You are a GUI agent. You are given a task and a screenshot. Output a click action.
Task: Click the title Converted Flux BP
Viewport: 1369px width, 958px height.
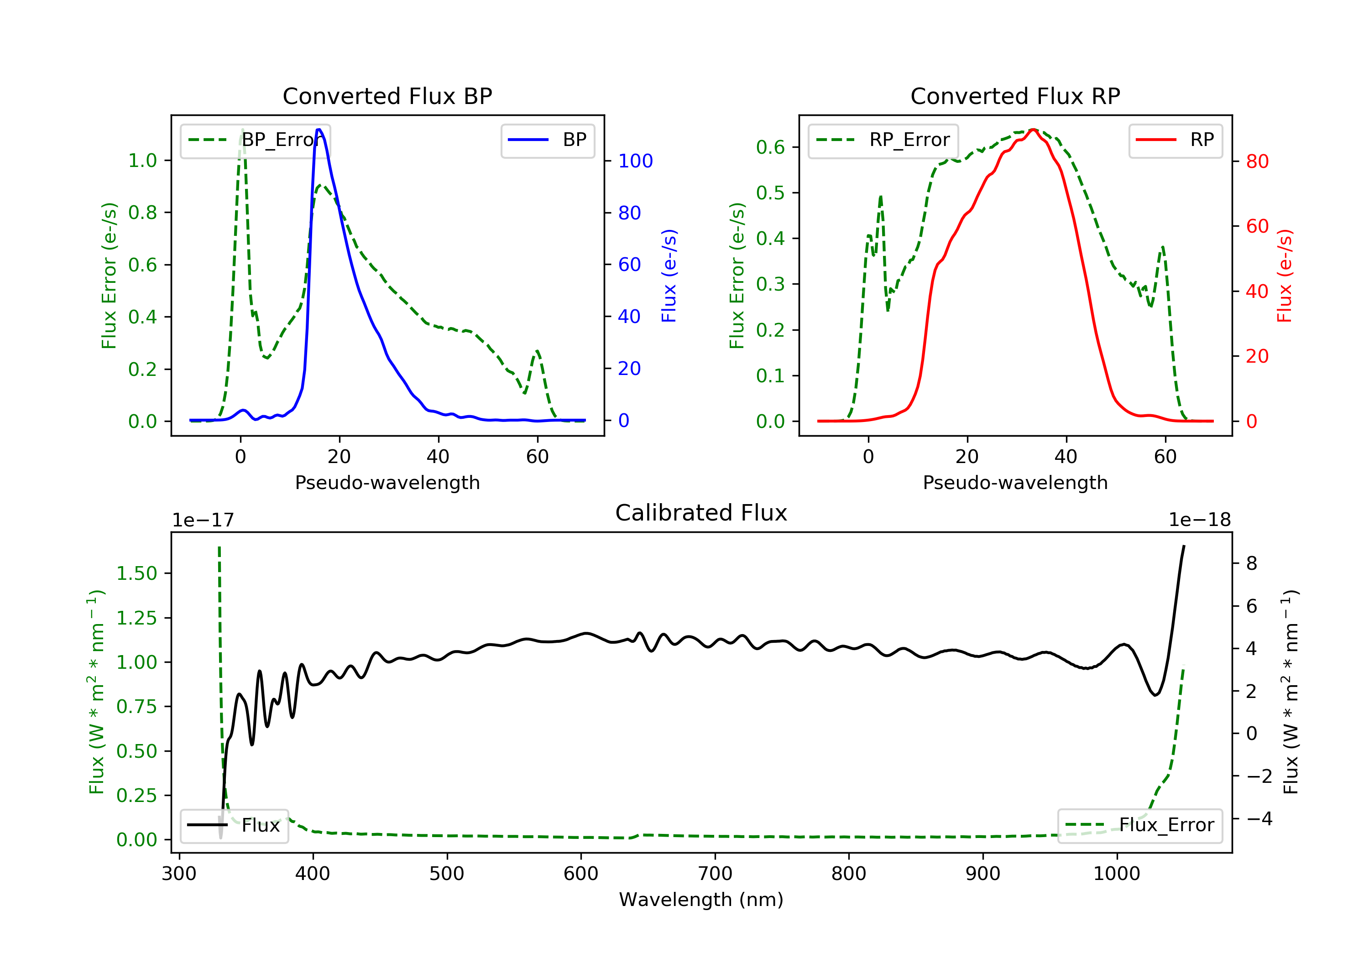click(387, 96)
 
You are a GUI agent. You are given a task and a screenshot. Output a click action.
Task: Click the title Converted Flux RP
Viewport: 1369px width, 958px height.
click(1015, 96)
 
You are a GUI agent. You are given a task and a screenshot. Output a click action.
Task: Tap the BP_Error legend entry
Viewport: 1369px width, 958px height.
click(255, 140)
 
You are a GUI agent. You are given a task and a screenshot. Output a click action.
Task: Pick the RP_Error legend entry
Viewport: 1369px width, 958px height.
click(883, 140)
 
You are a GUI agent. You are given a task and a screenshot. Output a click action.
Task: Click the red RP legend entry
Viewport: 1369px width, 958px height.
click(1175, 140)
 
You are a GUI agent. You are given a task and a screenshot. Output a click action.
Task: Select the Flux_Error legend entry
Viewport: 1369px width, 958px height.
click(1139, 825)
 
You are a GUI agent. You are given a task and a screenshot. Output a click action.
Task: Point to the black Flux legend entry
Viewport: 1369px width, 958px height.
click(235, 825)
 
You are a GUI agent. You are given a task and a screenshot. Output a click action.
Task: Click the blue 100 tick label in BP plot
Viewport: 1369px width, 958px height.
click(635, 161)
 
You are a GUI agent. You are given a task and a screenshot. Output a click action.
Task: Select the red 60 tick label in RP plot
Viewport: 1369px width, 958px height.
click(1257, 227)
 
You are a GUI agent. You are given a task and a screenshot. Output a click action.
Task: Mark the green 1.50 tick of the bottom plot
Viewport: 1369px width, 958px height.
click(136, 573)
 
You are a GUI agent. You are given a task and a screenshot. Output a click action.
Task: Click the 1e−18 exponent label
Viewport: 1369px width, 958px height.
click(1199, 520)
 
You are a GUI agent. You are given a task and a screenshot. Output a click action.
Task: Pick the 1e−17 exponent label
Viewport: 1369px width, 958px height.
click(203, 520)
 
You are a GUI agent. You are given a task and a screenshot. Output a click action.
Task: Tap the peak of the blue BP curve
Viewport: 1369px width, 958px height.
click(319, 130)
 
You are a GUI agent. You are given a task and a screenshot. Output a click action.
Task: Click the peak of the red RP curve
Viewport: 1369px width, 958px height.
click(1033, 130)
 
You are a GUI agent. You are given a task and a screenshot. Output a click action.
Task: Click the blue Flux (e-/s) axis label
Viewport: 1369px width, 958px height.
click(669, 276)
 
